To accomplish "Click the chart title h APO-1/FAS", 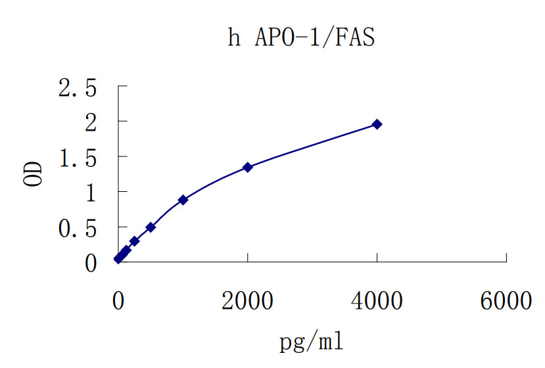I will pos(301,37).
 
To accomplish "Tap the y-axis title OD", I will pos(34,173).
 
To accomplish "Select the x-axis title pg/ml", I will pos(312,342).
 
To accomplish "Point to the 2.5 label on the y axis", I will pos(78,87).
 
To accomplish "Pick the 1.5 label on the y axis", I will pos(78,157).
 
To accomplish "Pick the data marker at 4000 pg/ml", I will pos(377,124).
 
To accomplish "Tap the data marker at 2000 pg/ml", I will pos(248,167).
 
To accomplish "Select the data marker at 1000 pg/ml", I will pos(183,200).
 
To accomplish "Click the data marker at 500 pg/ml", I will pos(151,227).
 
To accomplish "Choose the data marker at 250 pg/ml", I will pos(134,241).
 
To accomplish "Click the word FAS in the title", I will pos(356,37).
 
